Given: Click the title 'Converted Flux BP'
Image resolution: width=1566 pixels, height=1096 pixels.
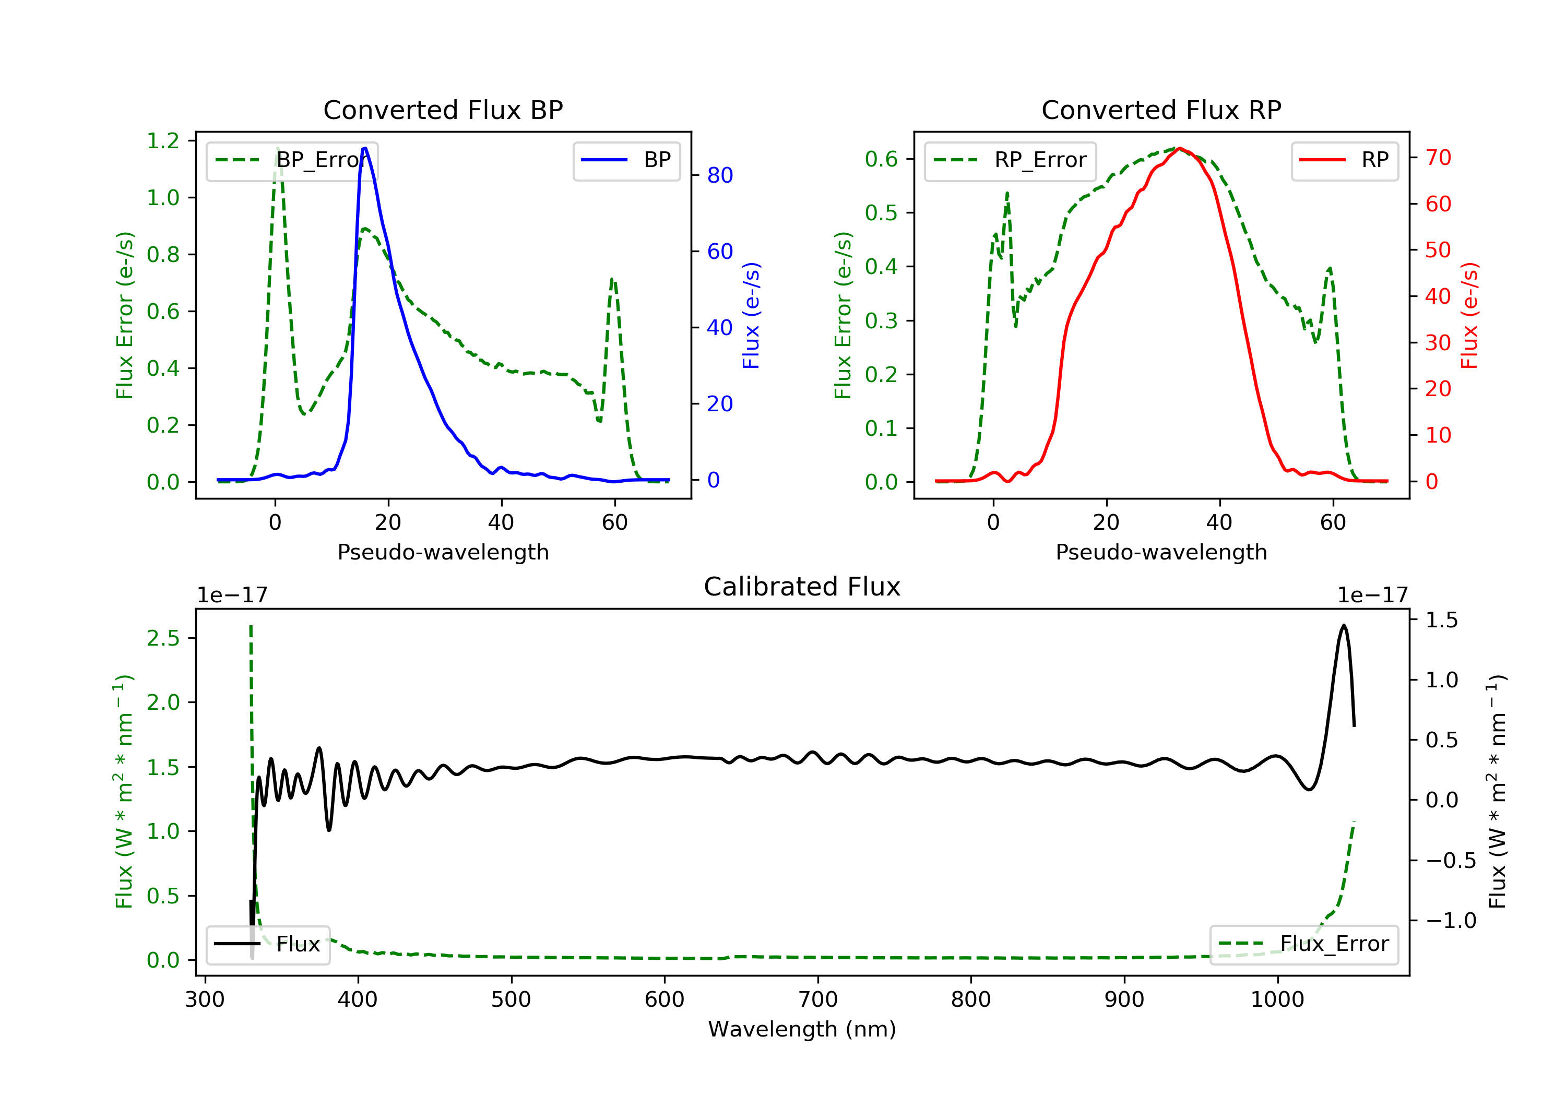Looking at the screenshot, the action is click(443, 110).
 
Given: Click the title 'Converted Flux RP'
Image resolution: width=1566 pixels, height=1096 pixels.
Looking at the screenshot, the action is click(1161, 110).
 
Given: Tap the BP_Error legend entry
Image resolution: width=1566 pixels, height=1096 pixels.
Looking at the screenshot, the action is click(292, 160).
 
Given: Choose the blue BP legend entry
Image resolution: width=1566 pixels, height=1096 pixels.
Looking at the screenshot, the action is click(626, 160).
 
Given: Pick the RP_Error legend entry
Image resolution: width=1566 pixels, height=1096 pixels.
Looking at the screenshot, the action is click(1010, 160).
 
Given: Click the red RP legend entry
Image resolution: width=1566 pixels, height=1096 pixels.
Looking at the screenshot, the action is click(1344, 160).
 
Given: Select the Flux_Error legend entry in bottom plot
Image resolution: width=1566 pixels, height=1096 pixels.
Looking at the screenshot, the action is click(1303, 944).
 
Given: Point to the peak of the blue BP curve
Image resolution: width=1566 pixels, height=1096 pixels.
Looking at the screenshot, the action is click(365, 148).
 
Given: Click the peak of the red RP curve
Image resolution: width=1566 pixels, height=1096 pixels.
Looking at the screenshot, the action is click(1179, 148).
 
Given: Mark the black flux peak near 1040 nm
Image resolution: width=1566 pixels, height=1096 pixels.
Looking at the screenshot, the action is click(1343, 625).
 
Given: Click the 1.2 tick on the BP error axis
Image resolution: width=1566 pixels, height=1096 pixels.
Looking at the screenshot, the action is click(163, 141).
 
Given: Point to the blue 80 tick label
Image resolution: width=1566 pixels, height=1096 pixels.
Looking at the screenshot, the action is click(719, 175).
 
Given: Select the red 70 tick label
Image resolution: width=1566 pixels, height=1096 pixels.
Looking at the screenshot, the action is click(1438, 158).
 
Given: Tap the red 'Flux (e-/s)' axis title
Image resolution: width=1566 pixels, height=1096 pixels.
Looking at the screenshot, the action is click(1469, 315).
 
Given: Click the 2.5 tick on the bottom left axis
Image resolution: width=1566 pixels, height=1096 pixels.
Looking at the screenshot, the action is click(163, 638).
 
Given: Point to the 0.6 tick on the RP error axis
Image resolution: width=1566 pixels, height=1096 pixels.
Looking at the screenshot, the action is click(881, 159).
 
